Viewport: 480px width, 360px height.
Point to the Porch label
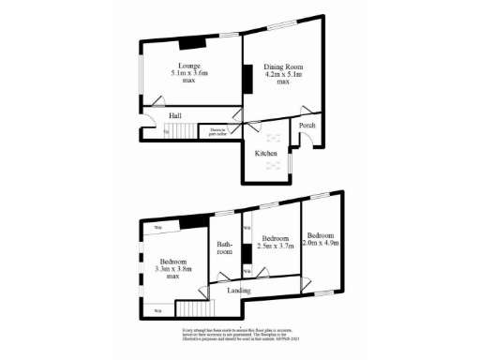(306, 125)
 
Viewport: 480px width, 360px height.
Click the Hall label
(175, 115)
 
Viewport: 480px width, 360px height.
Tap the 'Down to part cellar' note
(218, 132)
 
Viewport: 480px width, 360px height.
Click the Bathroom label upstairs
(225, 246)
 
